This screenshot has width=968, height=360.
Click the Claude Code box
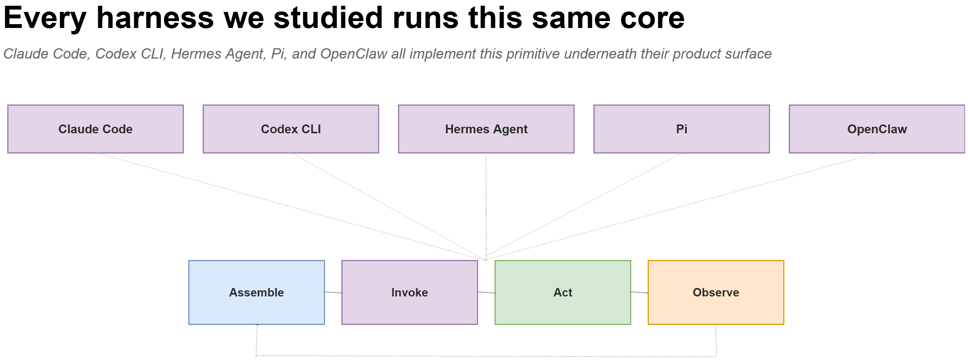[95, 129]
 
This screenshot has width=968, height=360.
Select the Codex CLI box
[291, 129]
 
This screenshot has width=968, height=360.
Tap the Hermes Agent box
[486, 129]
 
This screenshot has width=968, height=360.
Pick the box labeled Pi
[681, 129]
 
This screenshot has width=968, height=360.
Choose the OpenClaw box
[877, 129]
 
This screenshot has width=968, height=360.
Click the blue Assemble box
[257, 293]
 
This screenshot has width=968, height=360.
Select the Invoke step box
[409, 293]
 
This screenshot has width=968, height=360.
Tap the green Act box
[563, 293]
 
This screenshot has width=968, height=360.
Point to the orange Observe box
[716, 293]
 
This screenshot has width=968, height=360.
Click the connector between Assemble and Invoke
[333, 293]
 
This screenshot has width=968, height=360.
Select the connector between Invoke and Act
[486, 293]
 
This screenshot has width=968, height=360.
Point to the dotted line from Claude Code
[291, 207]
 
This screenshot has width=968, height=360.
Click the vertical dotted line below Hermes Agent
[486, 207]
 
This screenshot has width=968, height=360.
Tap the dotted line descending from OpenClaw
[681, 207]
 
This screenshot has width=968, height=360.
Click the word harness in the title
[155, 18]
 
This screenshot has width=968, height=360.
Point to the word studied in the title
[328, 18]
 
